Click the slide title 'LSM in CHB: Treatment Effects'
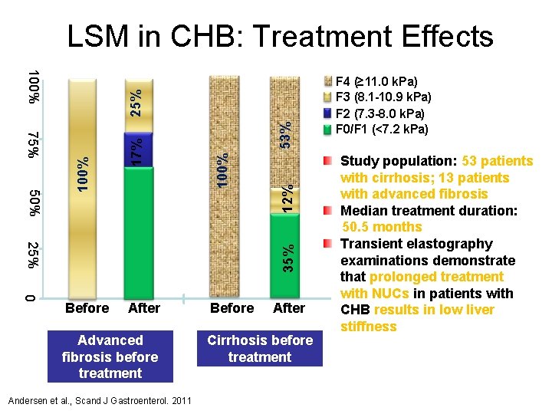click(280, 36)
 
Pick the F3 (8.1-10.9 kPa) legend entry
click(383, 97)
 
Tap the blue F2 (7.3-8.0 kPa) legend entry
click(379, 113)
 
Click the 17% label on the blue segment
click(135, 149)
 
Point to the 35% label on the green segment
click(287, 258)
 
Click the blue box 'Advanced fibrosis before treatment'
click(110, 356)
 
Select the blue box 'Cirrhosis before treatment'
click(260, 349)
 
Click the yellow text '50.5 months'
click(382, 227)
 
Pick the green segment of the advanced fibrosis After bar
click(143, 230)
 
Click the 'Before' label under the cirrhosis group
click(232, 307)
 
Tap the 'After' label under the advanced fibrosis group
click(144, 307)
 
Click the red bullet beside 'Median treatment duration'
click(327, 211)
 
